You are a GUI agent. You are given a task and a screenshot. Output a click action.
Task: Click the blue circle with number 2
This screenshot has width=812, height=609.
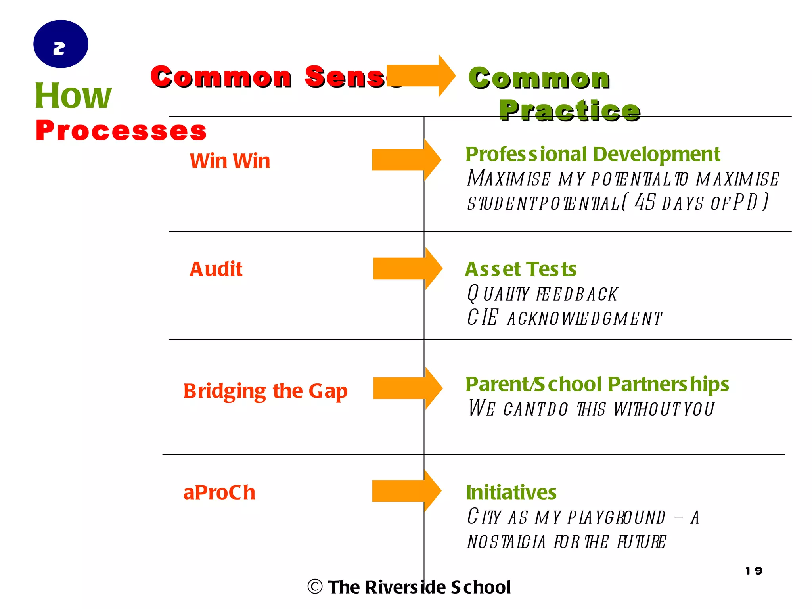61,44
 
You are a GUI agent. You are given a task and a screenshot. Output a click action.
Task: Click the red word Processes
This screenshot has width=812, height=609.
121,130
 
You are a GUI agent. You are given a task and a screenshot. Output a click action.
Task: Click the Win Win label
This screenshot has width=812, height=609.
230,161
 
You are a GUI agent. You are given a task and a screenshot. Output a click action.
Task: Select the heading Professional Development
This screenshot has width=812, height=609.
592,154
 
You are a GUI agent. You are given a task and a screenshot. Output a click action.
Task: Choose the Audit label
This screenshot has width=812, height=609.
216,269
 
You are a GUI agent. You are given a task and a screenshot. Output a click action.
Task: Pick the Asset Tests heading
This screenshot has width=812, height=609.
521,269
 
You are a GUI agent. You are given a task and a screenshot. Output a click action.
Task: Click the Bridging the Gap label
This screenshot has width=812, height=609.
265,391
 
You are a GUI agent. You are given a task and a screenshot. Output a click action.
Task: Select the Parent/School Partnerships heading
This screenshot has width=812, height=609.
597,384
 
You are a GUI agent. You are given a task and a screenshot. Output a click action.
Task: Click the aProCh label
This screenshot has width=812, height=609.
219,492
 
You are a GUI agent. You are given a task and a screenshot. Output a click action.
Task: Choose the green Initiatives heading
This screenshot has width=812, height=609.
511,492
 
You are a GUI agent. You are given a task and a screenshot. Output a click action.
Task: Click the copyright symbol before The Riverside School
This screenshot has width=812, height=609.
315,587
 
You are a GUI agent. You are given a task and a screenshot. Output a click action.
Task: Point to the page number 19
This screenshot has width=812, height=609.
754,571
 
